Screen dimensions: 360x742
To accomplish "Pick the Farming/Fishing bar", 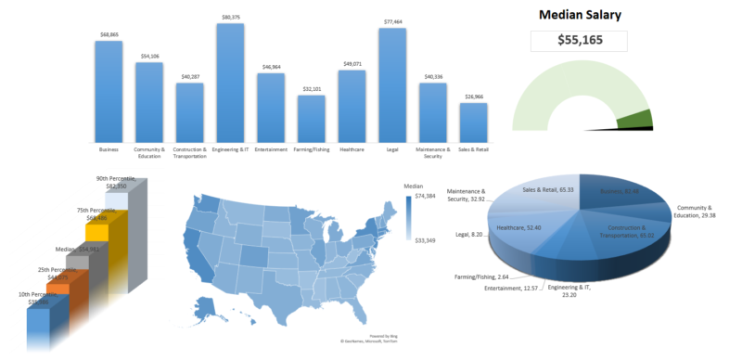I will click(x=312, y=117).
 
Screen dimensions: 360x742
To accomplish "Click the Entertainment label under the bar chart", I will click(x=271, y=148).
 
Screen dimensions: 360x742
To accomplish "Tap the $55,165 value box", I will click(x=579, y=41).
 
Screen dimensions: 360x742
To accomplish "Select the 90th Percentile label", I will click(x=116, y=182).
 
